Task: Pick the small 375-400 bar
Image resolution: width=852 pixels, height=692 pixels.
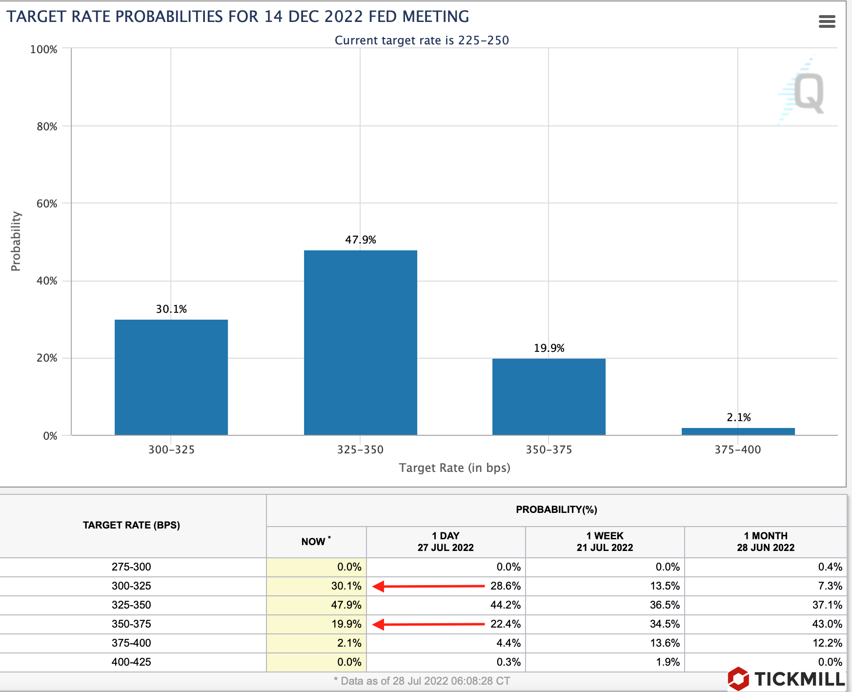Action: pos(738,431)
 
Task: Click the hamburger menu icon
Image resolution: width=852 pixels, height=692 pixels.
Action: pos(827,21)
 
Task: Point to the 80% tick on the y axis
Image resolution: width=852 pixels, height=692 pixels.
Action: pos(47,127)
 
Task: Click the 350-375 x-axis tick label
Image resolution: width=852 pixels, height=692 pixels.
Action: pos(548,450)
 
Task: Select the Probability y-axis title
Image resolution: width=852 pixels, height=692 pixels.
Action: pos(16,241)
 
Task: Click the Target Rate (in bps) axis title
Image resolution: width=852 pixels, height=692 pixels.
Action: pos(454,468)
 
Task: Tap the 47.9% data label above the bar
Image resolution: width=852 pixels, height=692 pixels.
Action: pos(361,240)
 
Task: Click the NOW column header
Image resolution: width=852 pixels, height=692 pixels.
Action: pos(315,542)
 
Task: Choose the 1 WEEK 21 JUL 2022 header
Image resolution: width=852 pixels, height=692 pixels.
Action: pos(605,542)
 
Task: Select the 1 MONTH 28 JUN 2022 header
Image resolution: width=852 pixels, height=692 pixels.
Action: pos(765,542)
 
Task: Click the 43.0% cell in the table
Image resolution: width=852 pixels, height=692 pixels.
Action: pos(827,624)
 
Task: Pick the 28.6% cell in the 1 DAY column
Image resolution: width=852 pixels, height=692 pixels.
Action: pos(506,586)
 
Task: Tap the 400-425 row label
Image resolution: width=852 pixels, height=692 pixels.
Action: pos(131,662)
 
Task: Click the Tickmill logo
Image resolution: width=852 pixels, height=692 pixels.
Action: pos(786,679)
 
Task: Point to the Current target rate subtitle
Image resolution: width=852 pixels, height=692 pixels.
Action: pos(422,41)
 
